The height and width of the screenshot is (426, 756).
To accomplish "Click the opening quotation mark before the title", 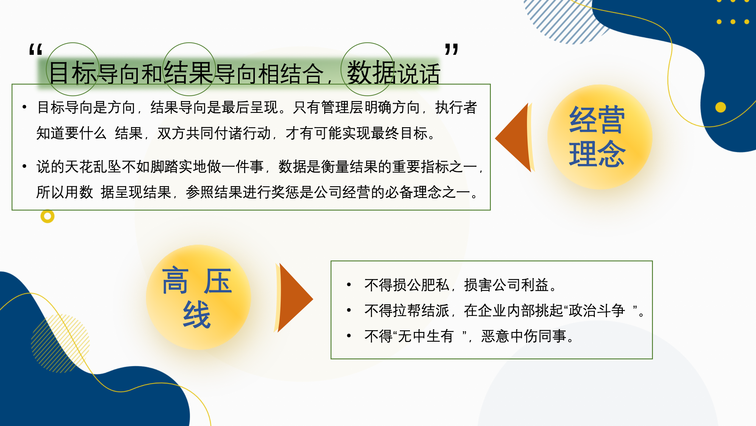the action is (x=36, y=49).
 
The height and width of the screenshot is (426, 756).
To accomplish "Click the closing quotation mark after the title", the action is (x=452, y=49).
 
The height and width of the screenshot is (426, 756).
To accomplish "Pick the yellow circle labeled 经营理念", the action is (x=600, y=137).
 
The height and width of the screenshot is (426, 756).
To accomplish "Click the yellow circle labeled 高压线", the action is (x=198, y=297).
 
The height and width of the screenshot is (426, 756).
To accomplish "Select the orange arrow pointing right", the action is (x=293, y=298).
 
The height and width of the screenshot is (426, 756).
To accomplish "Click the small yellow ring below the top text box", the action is (x=47, y=216).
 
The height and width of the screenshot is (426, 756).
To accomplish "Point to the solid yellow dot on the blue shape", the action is (x=721, y=107).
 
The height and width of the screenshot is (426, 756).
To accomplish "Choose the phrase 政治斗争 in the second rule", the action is (x=597, y=311).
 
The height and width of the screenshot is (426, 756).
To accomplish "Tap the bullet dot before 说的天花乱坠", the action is (x=24, y=166).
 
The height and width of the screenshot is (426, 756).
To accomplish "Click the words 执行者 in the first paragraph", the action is (x=456, y=107).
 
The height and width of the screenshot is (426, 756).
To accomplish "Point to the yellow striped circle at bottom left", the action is (x=61, y=343).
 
